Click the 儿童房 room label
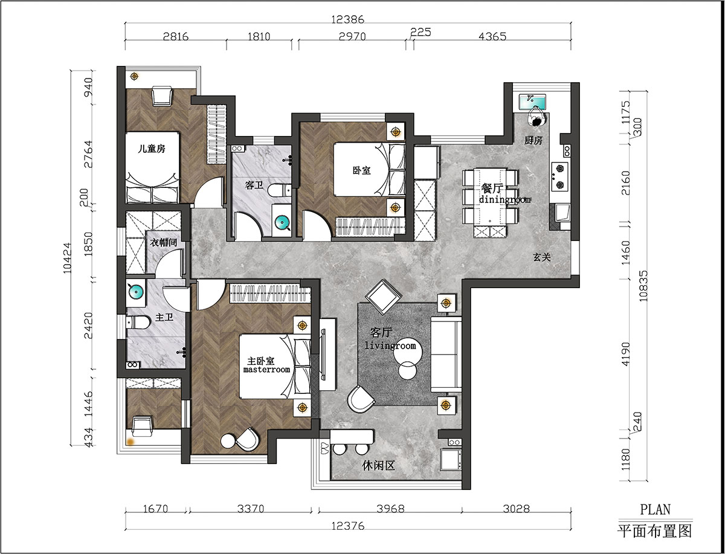152,149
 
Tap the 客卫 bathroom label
254,185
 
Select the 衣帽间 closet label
164,243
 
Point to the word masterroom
266,370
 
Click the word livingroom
390,346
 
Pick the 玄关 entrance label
542,257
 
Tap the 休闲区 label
379,466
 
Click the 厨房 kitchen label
533,141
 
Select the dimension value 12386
348,19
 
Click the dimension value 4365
492,36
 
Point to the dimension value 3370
251,509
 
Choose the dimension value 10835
643,286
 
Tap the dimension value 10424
67,258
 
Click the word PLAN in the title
656,509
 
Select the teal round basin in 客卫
282,224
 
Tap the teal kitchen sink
532,102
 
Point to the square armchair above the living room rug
384,297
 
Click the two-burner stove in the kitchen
559,176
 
